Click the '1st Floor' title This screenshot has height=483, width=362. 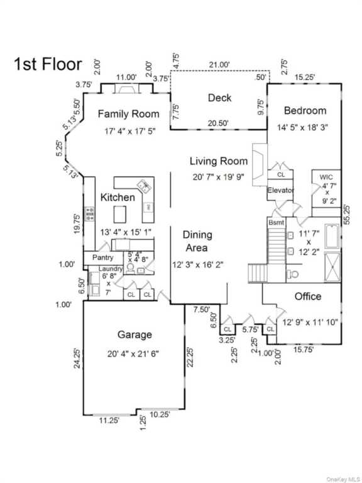48,64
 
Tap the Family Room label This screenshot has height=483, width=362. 128,114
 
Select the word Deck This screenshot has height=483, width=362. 219,97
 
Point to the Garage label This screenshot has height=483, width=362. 134,335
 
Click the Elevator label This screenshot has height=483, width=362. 280,190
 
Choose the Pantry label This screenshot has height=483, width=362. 103,257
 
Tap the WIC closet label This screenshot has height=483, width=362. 326,177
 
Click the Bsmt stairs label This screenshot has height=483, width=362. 276,222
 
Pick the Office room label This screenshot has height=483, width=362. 308,296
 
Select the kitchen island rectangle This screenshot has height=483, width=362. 120,214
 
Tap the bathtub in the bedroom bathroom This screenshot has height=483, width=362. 332,236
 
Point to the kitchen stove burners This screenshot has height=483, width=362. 90,214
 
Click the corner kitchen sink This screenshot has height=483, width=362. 144,186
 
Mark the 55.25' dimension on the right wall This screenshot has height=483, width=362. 347,214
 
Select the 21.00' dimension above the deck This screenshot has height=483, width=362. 219,65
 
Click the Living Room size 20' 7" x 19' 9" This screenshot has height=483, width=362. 219,177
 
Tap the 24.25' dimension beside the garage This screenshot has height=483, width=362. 77,358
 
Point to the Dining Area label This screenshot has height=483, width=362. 197,241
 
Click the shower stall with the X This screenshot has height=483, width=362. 332,267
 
